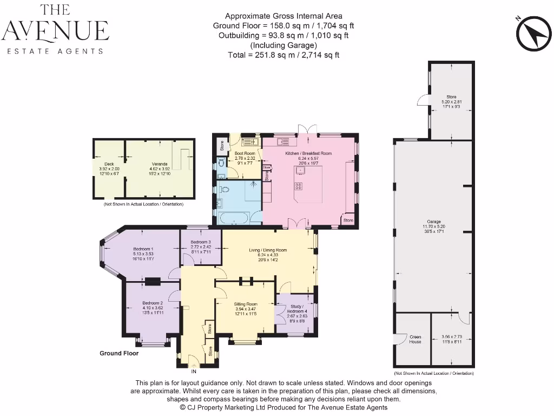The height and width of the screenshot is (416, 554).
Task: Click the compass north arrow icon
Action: coord(533,33)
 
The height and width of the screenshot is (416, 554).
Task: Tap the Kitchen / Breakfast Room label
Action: coord(308,153)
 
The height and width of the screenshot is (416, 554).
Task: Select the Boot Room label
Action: coord(245,153)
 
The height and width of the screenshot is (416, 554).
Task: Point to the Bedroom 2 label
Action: coord(153,303)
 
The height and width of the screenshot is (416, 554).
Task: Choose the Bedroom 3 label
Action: coord(201,242)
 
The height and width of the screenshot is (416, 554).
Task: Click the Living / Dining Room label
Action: coord(268,250)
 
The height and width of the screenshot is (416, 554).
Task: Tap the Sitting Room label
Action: coord(245,304)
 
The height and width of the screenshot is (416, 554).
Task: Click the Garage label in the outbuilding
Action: coord(434,222)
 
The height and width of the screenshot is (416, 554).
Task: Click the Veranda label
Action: coord(159,164)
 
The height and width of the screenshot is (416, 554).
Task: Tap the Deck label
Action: coord(109,164)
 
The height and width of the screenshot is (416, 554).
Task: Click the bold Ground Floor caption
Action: coord(119,353)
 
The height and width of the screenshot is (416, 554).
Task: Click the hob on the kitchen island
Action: coord(298,187)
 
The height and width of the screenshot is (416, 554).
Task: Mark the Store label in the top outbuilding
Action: coord(451,97)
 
